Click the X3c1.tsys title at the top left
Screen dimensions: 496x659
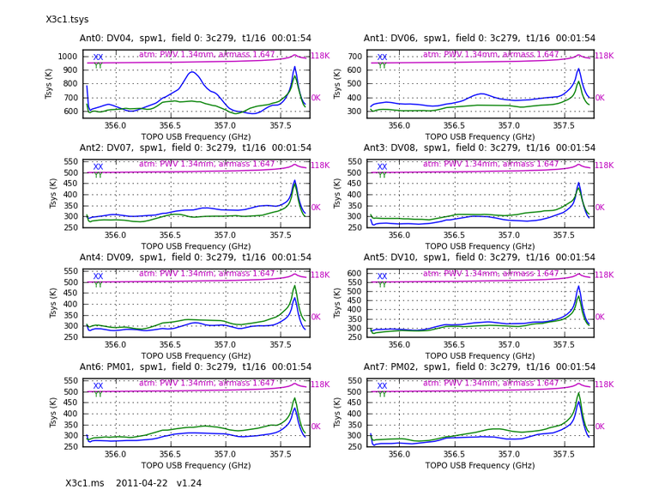pyautogui.click(x=67, y=19)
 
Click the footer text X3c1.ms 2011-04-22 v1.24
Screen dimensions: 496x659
pyautogui.click(x=133, y=483)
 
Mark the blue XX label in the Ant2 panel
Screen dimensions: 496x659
pyautogui.click(x=98, y=167)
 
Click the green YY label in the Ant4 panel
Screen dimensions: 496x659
pyautogui.click(x=98, y=285)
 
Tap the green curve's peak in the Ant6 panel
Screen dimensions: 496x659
pyautogui.click(x=295, y=398)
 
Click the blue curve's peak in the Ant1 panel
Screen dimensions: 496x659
pyautogui.click(x=579, y=69)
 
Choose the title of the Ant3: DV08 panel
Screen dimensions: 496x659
pyautogui.click(x=479, y=148)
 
